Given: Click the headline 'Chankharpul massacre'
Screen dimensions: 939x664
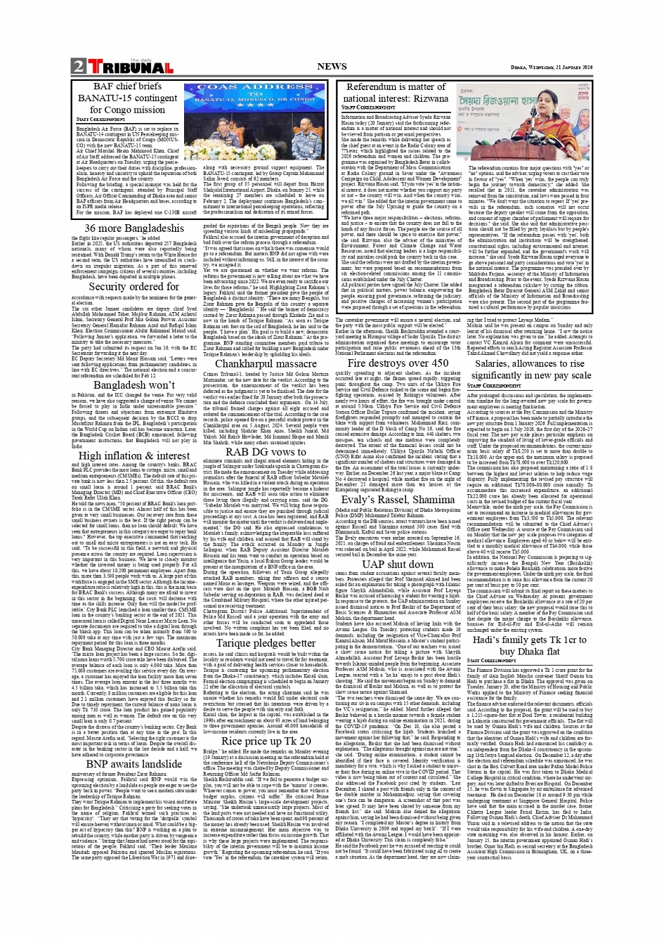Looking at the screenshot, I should point(266,364).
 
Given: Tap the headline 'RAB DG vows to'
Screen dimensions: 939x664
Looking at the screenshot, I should point(266,451).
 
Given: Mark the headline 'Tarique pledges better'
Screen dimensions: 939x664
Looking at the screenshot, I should point(266,643).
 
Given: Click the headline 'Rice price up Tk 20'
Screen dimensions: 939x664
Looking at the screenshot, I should point(266,741).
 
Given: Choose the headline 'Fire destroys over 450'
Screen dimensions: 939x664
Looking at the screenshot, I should point(397,363).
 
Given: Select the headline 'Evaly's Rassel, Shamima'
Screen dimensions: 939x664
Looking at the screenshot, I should point(397,500).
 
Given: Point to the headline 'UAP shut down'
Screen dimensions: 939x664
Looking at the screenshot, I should point(398,564).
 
